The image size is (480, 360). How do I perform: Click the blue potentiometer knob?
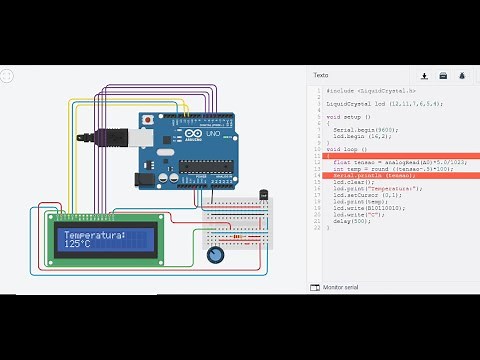point(214,255)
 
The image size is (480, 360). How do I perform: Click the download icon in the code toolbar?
point(424,75)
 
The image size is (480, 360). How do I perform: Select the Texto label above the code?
point(320,75)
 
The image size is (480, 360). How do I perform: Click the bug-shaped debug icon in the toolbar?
point(462,75)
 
